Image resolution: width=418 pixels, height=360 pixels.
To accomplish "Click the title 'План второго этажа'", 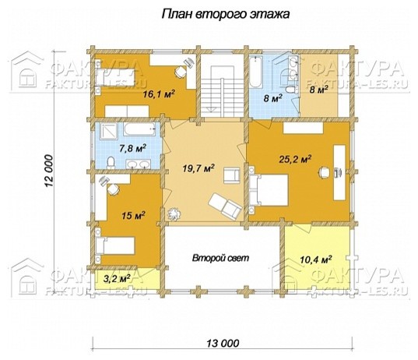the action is tap(226, 14).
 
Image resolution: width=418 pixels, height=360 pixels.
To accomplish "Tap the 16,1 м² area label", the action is tap(159, 94).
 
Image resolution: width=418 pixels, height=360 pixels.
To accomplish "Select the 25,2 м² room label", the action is tap(295, 159).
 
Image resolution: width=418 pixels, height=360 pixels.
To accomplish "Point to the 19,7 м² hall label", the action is tap(198, 168).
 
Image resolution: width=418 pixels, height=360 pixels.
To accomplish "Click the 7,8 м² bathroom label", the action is tap(132, 148).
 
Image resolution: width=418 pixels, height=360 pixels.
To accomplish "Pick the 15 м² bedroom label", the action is tap(133, 215).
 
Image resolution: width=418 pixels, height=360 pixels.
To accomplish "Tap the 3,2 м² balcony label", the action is tap(117, 279).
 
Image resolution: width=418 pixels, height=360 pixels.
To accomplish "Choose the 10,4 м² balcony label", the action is tap(316, 259).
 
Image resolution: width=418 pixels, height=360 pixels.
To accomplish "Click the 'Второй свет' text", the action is tap(221, 258).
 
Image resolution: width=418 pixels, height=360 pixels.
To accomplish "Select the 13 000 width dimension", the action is tap(223, 343).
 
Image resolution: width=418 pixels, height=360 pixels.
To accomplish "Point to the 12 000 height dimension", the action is tap(49, 171).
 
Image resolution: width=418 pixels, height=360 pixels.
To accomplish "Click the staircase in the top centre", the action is tap(222, 91).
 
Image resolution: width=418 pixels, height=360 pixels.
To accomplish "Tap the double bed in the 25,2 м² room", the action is tap(269, 190).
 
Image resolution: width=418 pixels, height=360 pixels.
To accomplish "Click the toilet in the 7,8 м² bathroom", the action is tap(111, 163).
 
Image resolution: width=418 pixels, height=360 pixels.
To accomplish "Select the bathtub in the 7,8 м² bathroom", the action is tap(139, 129).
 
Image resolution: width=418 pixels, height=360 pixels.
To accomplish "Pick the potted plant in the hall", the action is tap(174, 214).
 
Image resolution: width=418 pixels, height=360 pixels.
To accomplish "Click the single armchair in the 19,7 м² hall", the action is tap(232, 175).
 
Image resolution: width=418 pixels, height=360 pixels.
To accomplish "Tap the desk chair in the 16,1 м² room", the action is tap(181, 72).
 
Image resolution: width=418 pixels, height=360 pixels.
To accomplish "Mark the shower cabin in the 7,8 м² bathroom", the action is tap(108, 131).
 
